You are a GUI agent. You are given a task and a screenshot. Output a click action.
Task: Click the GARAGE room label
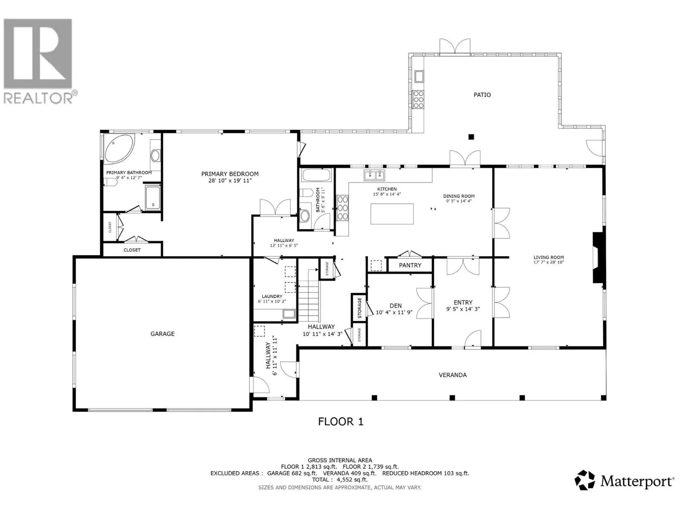(x=162, y=334)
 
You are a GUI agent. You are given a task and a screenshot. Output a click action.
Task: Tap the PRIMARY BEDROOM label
(x=230, y=174)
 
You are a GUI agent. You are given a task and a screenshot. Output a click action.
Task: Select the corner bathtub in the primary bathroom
(x=119, y=148)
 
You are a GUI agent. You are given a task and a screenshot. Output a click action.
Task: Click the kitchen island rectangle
(x=392, y=214)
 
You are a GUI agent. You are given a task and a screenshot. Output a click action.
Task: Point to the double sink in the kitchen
(x=374, y=175)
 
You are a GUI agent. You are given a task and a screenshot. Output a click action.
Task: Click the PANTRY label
(x=410, y=265)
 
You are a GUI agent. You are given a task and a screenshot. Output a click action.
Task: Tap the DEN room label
(x=396, y=305)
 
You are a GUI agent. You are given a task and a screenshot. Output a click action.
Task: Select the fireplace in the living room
(x=599, y=257)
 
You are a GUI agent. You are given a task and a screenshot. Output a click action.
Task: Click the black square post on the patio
(x=471, y=137)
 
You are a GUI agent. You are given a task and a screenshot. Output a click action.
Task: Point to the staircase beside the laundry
(x=309, y=296)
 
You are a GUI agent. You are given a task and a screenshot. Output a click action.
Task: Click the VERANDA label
(x=452, y=375)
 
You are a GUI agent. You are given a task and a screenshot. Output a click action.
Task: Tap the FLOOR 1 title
(x=341, y=422)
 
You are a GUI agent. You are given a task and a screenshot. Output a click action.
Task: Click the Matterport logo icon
(x=584, y=480)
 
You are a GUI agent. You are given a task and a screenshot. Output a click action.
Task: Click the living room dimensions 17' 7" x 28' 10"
(x=549, y=262)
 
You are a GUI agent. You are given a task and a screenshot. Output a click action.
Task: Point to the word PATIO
(x=482, y=95)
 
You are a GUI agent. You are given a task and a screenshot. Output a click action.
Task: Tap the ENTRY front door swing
(x=473, y=338)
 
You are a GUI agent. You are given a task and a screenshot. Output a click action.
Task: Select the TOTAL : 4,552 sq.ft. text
(x=340, y=479)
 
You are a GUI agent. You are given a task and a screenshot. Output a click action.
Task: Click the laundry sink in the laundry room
(x=289, y=314)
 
